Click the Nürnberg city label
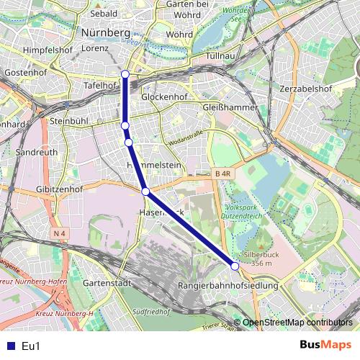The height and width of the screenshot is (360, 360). tap(105, 33)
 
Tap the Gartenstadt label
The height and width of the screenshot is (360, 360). tap(107, 283)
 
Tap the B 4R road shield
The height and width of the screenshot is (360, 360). tap(222, 174)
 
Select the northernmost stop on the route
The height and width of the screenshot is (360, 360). tap(125, 73)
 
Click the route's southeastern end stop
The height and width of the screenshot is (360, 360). tap(235, 266)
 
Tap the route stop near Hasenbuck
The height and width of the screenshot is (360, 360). tap(146, 192)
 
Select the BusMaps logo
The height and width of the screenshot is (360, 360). tap(325, 346)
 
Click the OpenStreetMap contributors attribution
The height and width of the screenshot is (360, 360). tap(297, 323)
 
